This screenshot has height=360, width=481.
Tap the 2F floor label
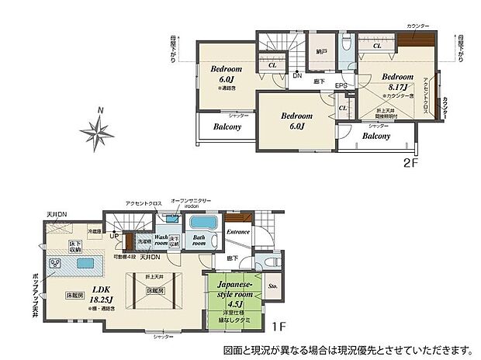click(x=410, y=164)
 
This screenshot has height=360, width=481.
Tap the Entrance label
click(x=237, y=231)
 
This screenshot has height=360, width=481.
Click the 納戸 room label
click(x=320, y=52)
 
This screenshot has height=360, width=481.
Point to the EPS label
click(x=341, y=85)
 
